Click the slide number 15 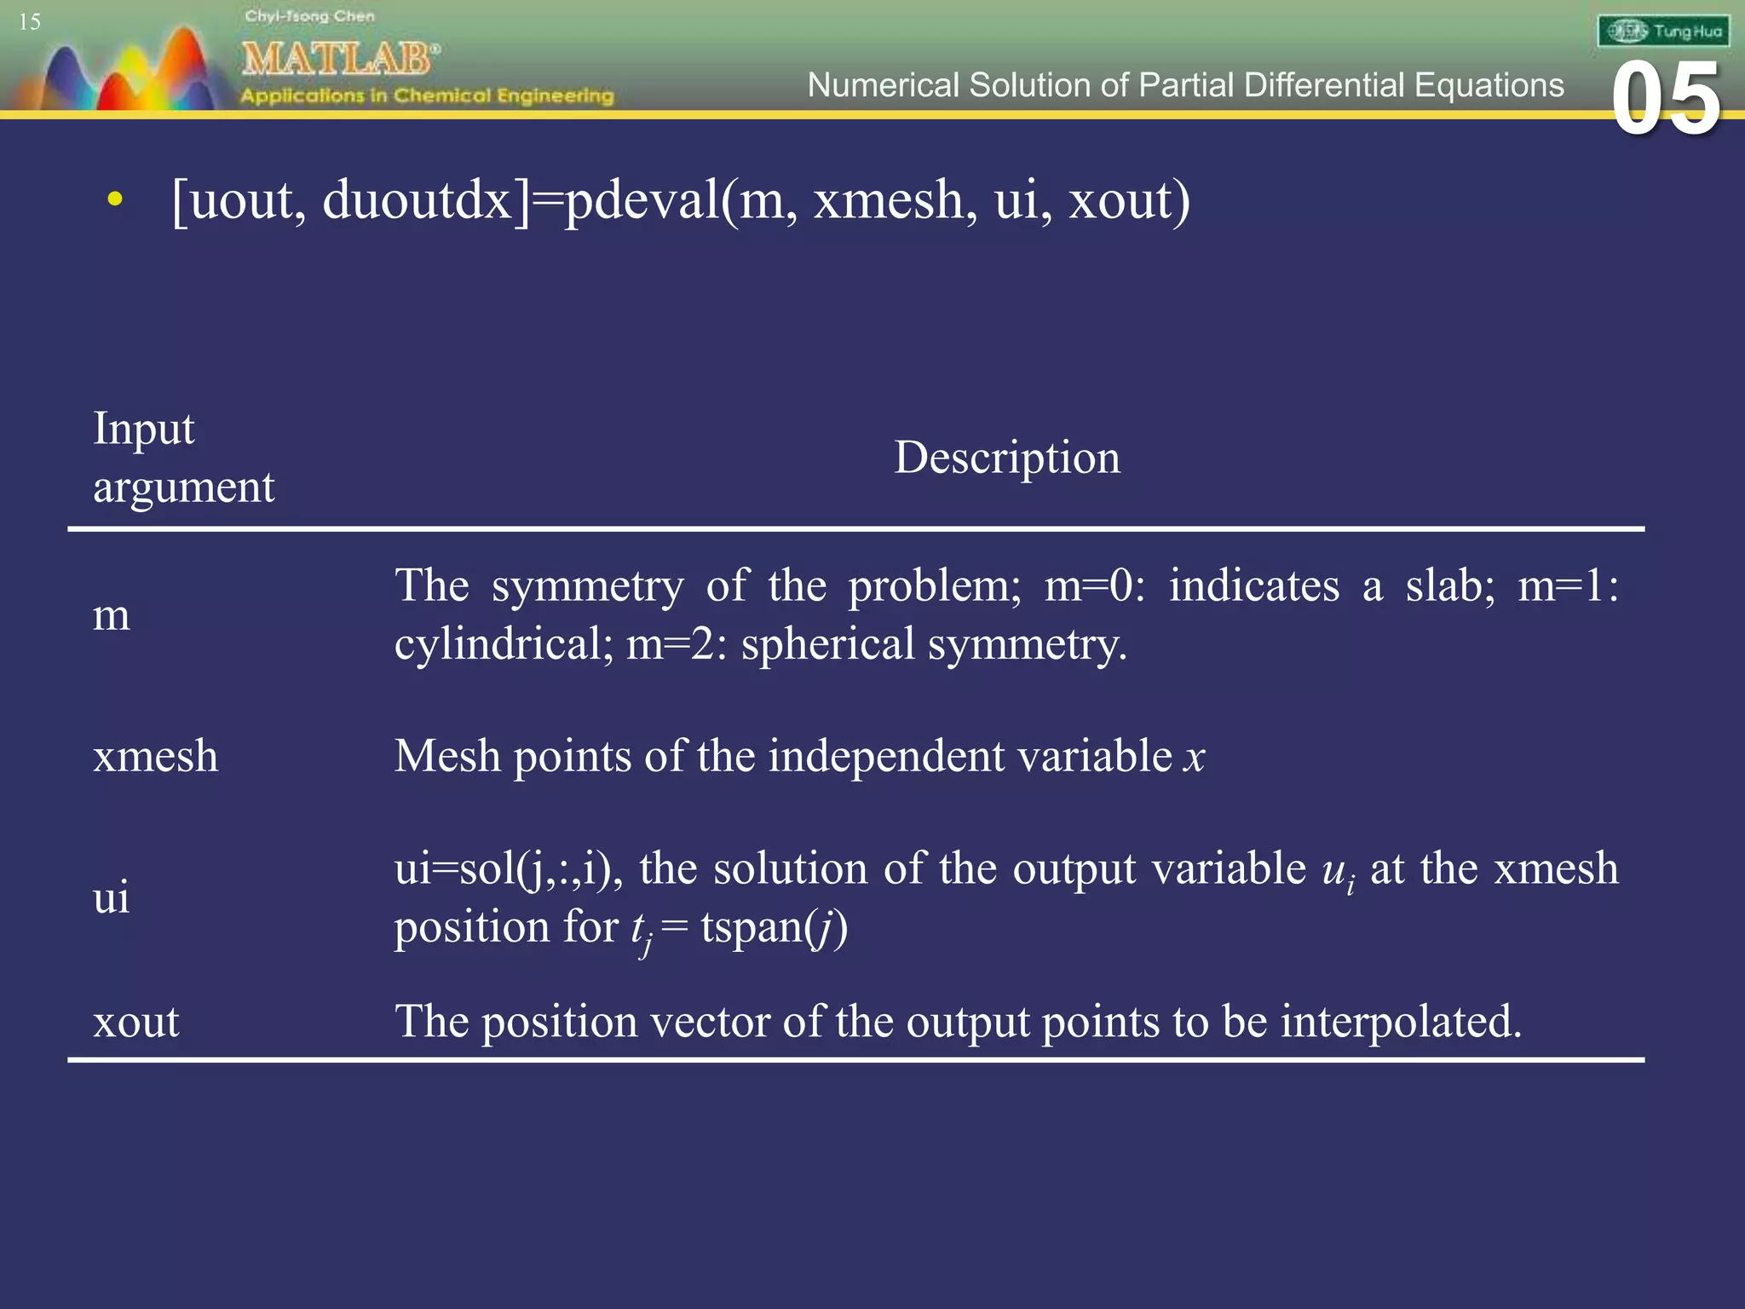(x=30, y=21)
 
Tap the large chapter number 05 (x=1666, y=101)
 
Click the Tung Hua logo (x=1663, y=32)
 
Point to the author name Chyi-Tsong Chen (x=309, y=16)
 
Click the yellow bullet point (x=115, y=201)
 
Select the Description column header (x=1007, y=458)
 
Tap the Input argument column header (x=183, y=458)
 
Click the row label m (x=112, y=614)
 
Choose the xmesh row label (x=156, y=756)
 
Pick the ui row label (x=112, y=897)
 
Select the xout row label (x=136, y=1021)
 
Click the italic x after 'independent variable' (x=1195, y=757)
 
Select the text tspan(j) (x=774, y=927)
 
